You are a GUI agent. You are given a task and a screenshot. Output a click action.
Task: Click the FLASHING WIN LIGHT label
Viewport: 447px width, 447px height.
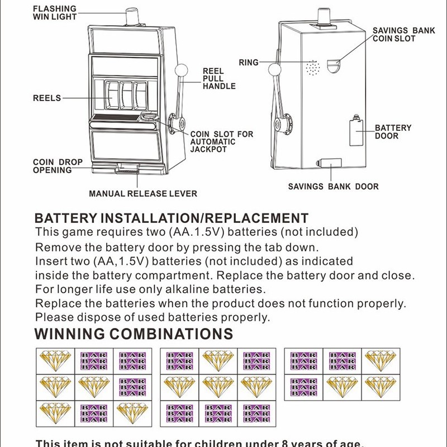click(x=55, y=13)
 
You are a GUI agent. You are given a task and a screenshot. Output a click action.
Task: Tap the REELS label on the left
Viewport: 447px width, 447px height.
click(x=47, y=98)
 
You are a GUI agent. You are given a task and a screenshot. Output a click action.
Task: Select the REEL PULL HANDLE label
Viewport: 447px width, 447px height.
click(x=218, y=79)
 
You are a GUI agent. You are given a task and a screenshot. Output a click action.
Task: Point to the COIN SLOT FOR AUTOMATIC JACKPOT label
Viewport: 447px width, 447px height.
click(x=221, y=142)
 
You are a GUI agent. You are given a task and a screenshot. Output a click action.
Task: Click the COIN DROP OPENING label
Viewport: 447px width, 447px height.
click(x=58, y=166)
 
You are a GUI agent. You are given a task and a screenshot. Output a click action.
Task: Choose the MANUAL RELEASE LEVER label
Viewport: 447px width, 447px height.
click(x=143, y=194)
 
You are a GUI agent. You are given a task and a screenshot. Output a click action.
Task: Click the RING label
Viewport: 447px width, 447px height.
click(x=249, y=63)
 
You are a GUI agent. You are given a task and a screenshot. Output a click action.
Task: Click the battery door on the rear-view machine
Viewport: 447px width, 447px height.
click(x=356, y=132)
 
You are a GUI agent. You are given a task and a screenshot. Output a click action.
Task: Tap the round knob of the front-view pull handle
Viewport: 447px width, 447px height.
click(x=181, y=71)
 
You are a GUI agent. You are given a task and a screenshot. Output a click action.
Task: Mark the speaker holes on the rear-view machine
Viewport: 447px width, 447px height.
click(x=313, y=69)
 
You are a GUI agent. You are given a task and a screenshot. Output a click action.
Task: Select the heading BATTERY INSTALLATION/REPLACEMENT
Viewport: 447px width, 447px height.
click(x=172, y=218)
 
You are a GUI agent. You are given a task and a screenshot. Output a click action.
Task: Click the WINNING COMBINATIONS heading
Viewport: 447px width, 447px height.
click(x=134, y=334)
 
